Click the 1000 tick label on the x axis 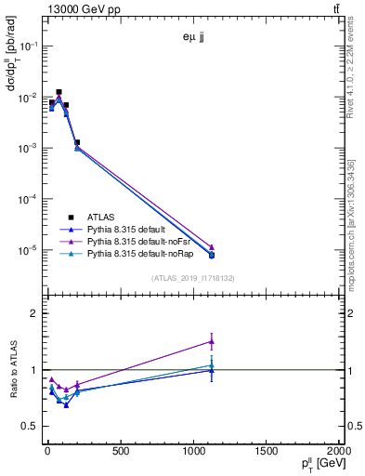pyautogui.click(x=193, y=452)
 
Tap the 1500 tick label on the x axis pyautogui.click(x=267, y=452)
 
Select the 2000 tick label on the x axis pyautogui.click(x=339, y=452)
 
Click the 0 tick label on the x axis pyautogui.click(x=47, y=452)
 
